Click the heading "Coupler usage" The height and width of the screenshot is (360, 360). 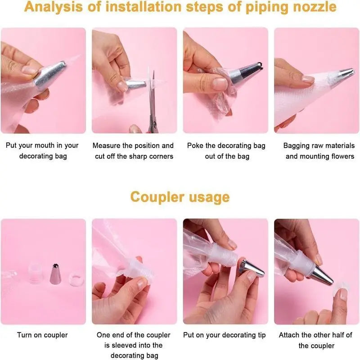click(x=180, y=197)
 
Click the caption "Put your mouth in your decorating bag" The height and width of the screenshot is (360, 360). click(x=43, y=151)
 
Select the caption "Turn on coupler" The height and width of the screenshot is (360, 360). click(x=42, y=335)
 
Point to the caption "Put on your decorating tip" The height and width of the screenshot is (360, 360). click(x=225, y=335)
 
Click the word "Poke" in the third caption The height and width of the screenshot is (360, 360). click(x=196, y=146)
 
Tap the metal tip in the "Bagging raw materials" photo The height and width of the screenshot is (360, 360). click(x=345, y=73)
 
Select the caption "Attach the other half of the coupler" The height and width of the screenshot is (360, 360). click(x=316, y=340)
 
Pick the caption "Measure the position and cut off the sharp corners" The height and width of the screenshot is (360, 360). click(x=133, y=151)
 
